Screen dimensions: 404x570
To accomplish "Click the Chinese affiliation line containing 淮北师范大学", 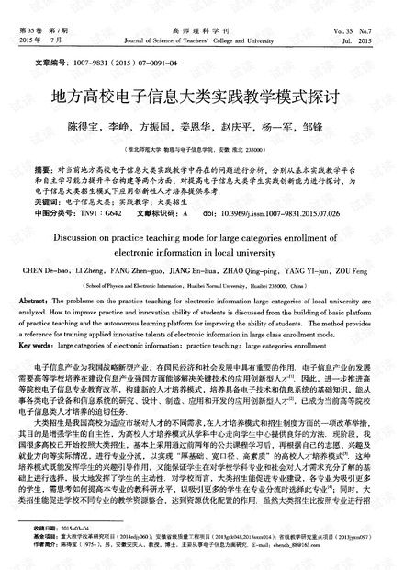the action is [202, 145].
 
